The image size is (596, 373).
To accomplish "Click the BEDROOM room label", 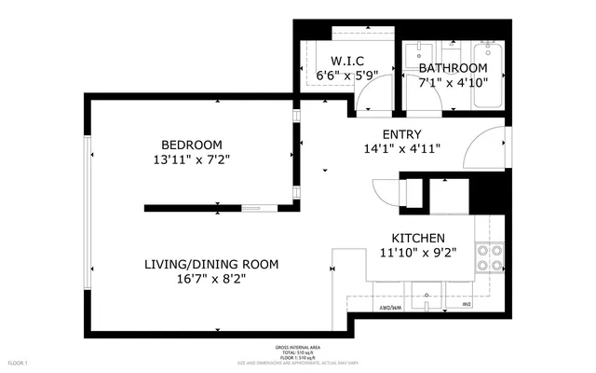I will [x=192, y=145].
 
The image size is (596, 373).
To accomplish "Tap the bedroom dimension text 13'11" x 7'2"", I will [x=192, y=159].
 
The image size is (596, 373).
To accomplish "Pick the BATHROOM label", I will [x=453, y=69].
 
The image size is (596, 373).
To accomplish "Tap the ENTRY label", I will [x=401, y=134].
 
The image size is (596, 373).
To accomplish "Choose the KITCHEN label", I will [x=417, y=239].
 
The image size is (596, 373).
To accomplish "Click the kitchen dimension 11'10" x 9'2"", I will [x=417, y=253].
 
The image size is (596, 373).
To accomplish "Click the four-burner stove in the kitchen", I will [x=489, y=257].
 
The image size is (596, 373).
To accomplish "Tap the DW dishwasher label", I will [x=468, y=306].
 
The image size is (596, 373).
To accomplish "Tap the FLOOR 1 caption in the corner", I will [x=18, y=362].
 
